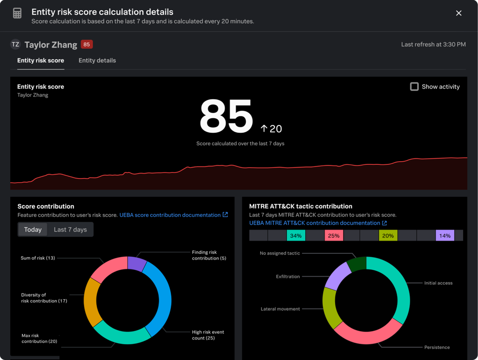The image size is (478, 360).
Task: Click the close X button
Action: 458,13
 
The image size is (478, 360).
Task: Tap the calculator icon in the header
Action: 17,13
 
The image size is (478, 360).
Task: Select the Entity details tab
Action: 97,61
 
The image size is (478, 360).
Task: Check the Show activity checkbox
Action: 414,87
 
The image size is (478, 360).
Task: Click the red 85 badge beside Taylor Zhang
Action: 87,45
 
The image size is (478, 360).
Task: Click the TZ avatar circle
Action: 16,45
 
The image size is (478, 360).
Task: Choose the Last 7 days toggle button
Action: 70,230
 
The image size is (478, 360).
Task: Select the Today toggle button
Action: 33,230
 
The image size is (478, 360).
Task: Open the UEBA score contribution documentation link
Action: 170,215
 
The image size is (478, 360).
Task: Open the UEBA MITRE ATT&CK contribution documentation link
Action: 315,223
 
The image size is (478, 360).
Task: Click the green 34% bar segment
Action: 296,235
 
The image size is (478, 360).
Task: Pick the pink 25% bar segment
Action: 334,235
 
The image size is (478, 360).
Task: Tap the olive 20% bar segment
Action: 388,235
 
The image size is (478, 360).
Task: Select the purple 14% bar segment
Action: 445,235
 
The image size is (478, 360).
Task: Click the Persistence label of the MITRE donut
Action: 437,347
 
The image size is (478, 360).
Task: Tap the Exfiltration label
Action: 288,276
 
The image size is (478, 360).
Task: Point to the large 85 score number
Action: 226,116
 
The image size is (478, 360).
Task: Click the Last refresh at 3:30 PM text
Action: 433,45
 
